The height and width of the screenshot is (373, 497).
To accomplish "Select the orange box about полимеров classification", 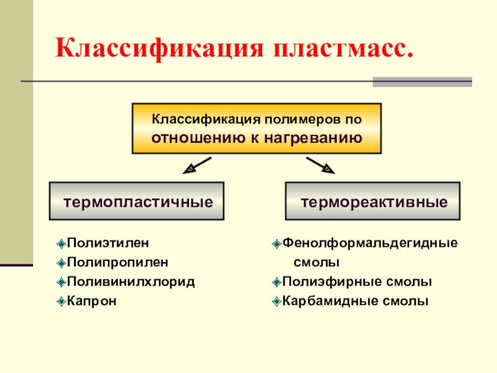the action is (x=256, y=129).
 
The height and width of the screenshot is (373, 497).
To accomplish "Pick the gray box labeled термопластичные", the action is (x=137, y=201).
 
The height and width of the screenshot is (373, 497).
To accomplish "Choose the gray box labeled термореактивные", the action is (x=373, y=201).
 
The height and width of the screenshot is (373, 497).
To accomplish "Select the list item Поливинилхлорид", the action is (x=130, y=282).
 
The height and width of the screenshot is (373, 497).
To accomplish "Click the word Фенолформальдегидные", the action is (x=370, y=242).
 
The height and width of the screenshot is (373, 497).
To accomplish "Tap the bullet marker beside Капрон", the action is (x=60, y=302).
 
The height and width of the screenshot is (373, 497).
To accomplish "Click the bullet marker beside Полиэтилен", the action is (x=60, y=242).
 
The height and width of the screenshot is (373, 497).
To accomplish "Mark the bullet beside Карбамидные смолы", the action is (x=276, y=302).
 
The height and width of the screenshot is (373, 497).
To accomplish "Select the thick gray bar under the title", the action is (x=422, y=81).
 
